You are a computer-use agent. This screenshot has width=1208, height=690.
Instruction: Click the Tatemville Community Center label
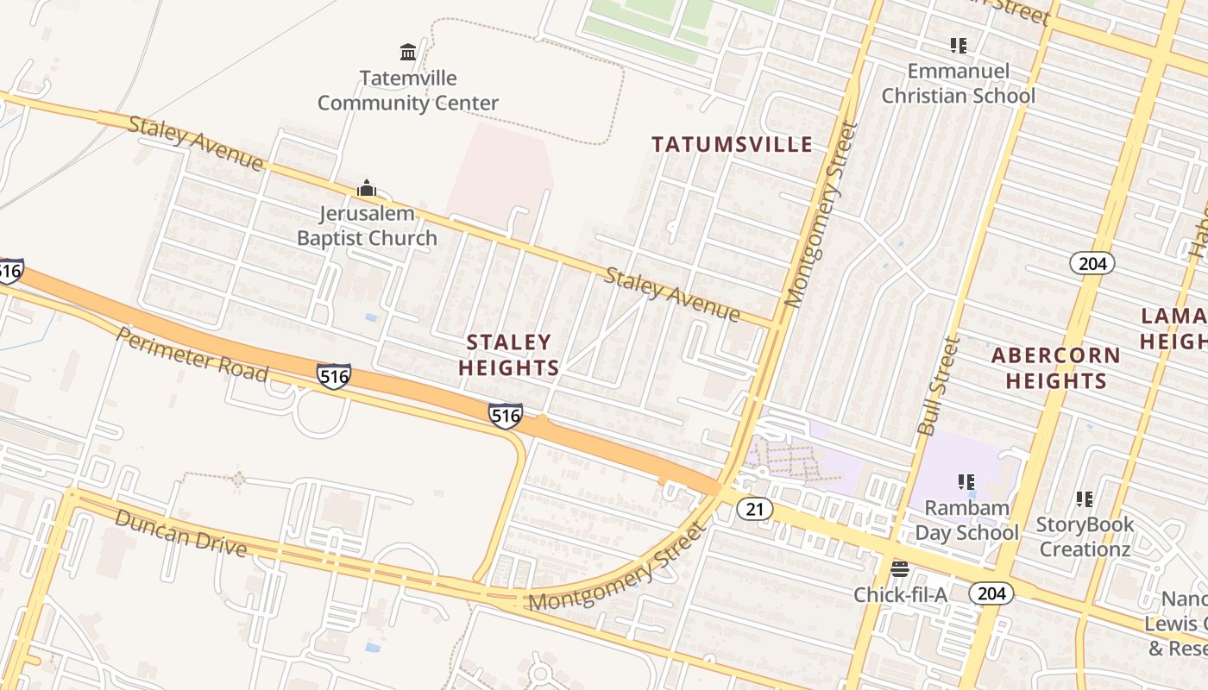(408, 91)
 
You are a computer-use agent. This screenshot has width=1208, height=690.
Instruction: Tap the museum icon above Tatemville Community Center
(408, 53)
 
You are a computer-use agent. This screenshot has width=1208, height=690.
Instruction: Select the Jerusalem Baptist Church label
(367, 226)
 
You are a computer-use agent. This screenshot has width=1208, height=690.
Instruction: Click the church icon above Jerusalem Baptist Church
(367, 188)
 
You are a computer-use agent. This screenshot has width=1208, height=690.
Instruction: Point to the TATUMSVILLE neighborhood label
(732, 144)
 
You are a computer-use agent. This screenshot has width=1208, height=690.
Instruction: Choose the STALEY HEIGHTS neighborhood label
(509, 355)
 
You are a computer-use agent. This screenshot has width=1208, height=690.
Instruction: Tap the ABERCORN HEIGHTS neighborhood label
(1056, 368)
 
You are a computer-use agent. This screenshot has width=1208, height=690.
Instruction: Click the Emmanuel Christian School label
(958, 83)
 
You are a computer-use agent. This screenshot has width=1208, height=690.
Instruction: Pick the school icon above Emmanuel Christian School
(958, 45)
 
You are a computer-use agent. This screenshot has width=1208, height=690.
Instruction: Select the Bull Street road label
(940, 386)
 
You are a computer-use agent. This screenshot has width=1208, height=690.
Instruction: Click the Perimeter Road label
(192, 354)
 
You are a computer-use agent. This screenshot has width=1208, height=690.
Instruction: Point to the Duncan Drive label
(180, 533)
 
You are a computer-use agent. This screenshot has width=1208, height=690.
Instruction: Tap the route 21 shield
(755, 510)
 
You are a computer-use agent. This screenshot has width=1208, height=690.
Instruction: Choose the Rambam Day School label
(966, 520)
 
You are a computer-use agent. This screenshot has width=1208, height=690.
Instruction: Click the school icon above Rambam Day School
(966, 482)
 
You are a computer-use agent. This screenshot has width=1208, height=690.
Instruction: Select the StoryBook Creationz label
(1085, 536)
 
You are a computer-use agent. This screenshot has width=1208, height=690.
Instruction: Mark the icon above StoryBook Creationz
(1085, 499)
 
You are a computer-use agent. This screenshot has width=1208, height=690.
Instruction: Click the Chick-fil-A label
(900, 594)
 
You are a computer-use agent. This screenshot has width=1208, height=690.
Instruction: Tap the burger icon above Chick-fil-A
(900, 568)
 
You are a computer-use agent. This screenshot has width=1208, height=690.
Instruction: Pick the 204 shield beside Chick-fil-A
(991, 593)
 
